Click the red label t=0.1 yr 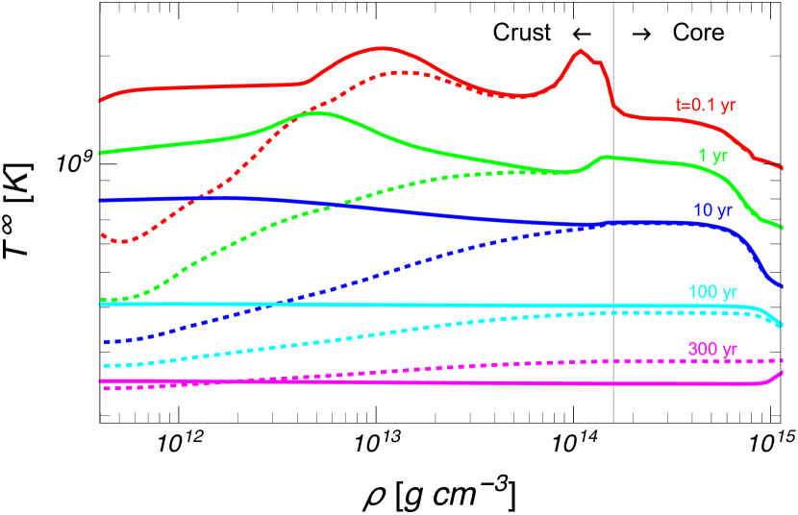pos(707,105)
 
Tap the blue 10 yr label pos(712,210)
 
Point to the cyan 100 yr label pos(712,292)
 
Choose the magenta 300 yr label pos(712,349)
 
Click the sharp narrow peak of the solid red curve pos(581,51)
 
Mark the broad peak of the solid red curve pos(383,47)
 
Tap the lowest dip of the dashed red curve pos(122,240)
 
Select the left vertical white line pos(100,211)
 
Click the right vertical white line pos(613,211)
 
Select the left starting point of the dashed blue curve pos(101,342)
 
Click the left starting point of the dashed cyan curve pos(101,366)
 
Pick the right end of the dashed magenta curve pos(783,360)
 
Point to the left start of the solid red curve pos(101,100)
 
